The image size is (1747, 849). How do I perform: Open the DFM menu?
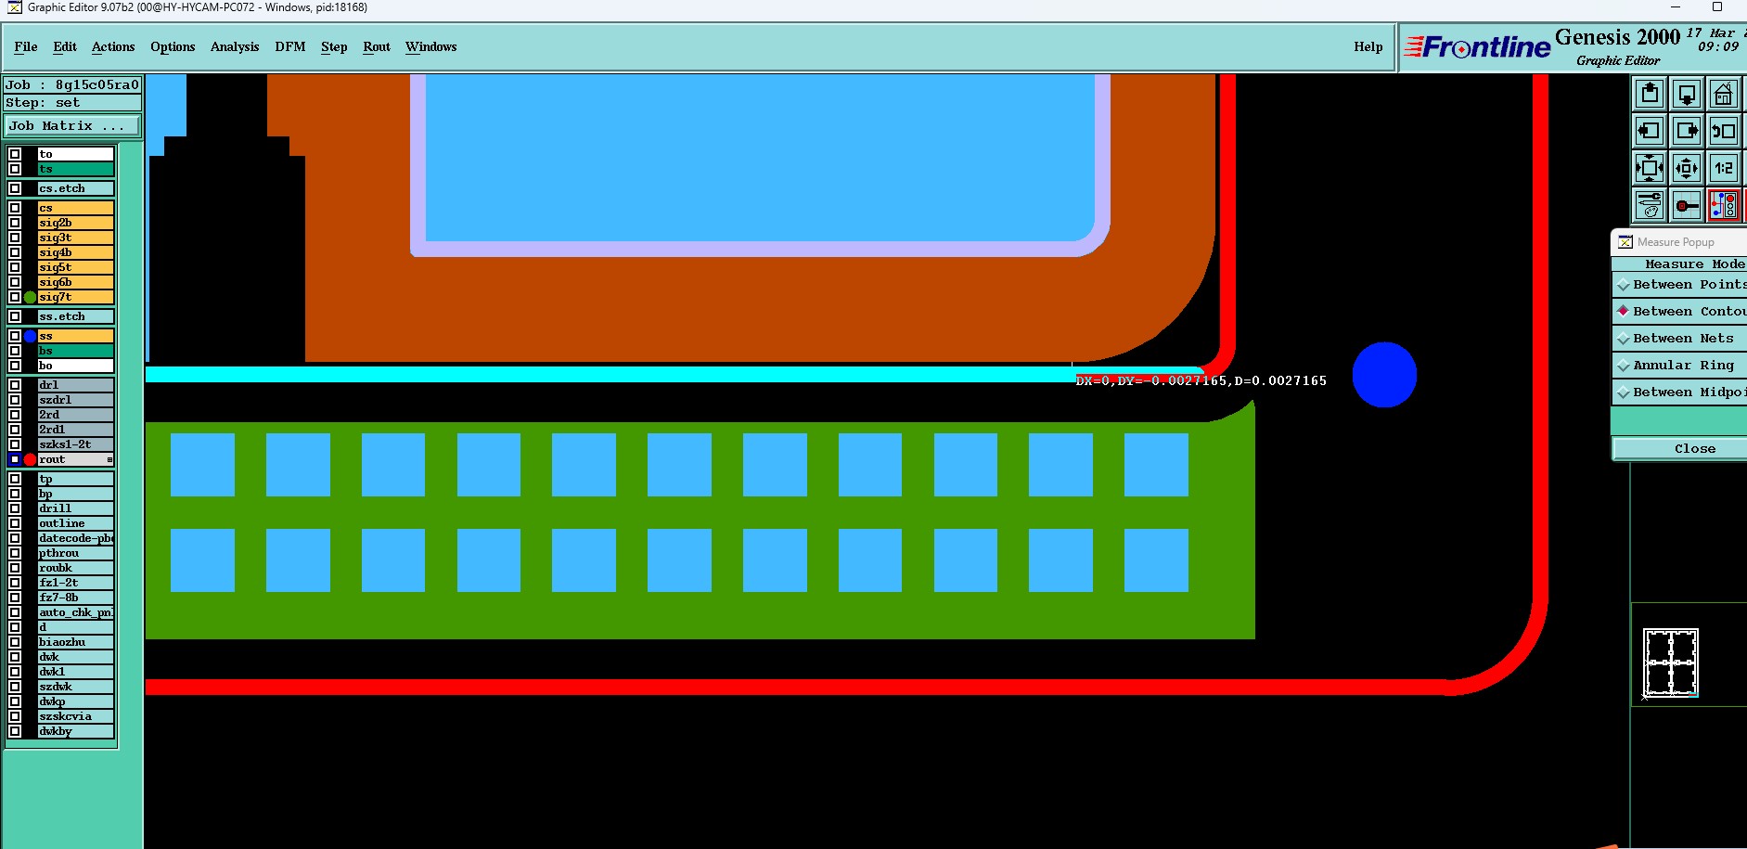coord(289,46)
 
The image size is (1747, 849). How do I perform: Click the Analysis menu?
coord(234,46)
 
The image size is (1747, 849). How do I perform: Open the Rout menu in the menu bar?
coord(376,46)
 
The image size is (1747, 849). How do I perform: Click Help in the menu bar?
coord(1368,46)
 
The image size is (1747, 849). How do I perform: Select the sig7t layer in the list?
coord(74,297)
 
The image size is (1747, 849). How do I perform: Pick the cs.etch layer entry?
coord(74,188)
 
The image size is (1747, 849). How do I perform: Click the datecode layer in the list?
coord(74,538)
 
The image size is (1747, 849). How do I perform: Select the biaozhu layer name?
coord(74,642)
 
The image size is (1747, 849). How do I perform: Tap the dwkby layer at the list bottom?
coord(74,731)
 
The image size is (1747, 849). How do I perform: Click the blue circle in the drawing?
coord(1384,375)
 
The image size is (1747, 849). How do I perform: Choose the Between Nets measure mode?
coord(1682,339)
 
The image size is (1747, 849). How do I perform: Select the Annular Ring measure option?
coord(1682,366)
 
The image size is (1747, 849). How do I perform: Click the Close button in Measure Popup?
coord(1694,449)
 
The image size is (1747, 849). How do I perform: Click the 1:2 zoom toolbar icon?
coord(1723,168)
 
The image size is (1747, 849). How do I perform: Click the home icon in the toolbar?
coord(1723,95)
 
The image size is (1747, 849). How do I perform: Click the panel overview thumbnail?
coord(1670,662)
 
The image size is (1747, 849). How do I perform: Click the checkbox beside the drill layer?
coord(15,508)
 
